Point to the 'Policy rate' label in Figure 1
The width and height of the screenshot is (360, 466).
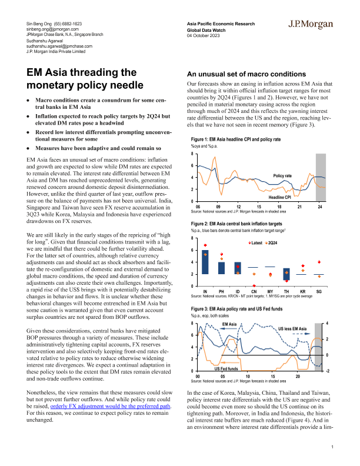[x=286, y=176]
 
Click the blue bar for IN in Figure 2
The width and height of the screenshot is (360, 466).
[x=205, y=262]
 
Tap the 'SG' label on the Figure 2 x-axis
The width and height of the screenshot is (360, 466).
[x=320, y=292]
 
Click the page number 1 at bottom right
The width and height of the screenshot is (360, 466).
[x=333, y=448]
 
